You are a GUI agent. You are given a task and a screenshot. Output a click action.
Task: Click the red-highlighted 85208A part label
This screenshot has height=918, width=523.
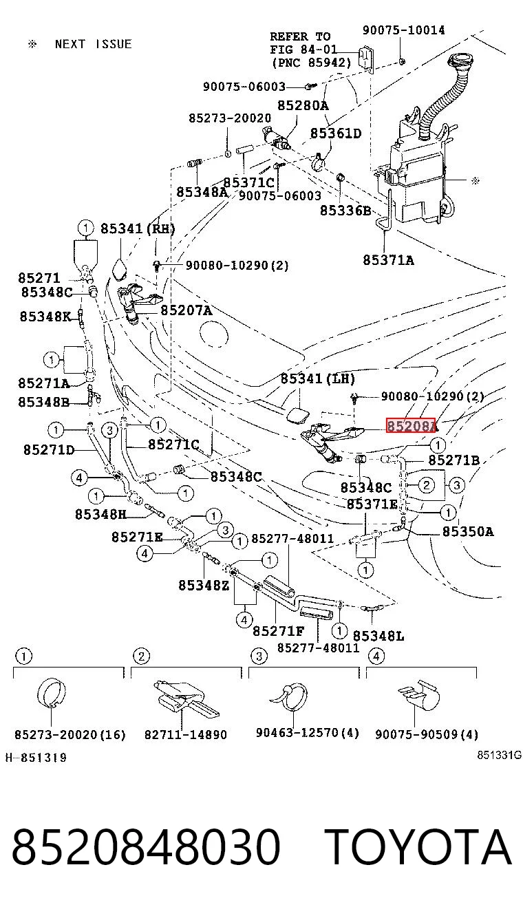(412, 426)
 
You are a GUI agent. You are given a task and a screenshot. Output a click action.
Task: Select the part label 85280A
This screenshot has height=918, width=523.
(303, 106)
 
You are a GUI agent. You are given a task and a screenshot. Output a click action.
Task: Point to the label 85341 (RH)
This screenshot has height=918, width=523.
(138, 228)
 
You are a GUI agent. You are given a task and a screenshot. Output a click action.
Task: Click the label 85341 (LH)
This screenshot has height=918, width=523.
(318, 378)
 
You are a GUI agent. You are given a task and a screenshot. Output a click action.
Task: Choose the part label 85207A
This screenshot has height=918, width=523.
(186, 310)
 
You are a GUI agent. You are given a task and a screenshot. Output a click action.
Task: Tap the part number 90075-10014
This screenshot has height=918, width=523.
(403, 30)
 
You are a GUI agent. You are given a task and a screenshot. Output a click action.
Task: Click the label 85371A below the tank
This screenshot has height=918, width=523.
(388, 260)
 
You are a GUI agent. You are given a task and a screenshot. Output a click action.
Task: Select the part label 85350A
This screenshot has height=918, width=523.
(468, 531)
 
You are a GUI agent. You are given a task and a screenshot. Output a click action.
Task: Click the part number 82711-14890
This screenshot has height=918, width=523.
(186, 734)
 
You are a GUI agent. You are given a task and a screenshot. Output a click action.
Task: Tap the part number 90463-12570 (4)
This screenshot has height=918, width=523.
(308, 733)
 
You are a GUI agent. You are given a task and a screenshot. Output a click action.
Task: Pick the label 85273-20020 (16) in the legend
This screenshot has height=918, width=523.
(70, 734)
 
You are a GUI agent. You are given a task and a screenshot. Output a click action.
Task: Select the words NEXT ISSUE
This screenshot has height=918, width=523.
(93, 44)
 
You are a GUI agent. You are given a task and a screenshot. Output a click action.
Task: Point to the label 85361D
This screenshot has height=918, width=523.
(336, 134)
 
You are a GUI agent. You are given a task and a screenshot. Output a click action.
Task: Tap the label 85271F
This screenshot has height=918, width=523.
(278, 631)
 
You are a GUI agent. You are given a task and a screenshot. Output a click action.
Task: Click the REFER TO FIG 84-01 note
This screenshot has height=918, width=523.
(303, 50)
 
